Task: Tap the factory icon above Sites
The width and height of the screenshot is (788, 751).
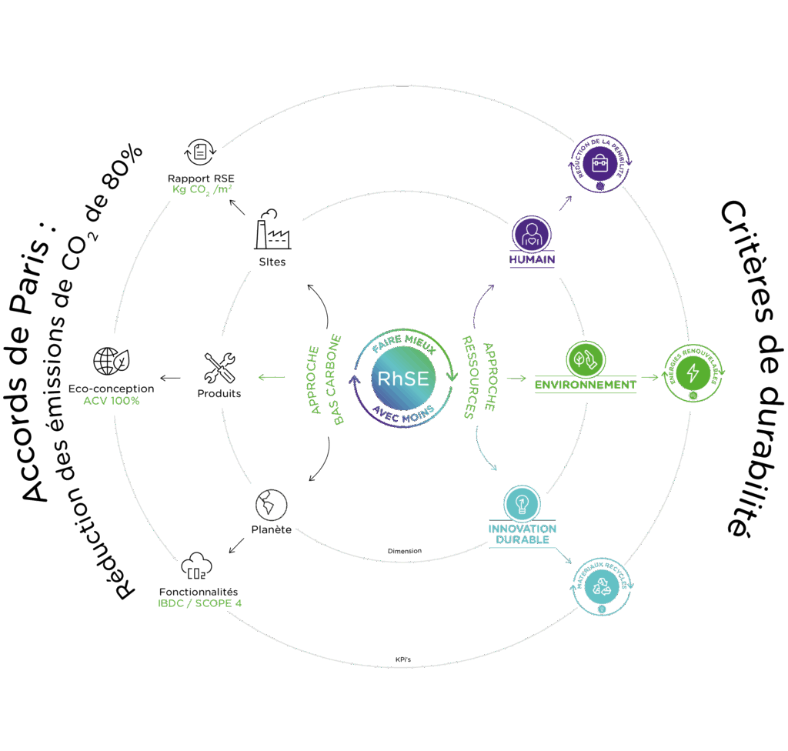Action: tap(272, 229)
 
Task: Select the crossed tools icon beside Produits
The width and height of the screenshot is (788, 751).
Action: tap(220, 368)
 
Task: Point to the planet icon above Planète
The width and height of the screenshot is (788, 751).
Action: tap(271, 504)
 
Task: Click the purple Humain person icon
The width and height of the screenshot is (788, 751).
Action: tap(532, 234)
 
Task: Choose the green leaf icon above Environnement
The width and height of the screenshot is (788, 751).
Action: tap(586, 359)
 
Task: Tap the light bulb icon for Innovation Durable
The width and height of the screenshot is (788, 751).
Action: tap(523, 503)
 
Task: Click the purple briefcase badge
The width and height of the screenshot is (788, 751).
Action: tap(600, 163)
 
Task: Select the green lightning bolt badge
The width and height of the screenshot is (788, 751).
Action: tap(693, 372)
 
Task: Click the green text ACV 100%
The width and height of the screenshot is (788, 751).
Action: tap(111, 401)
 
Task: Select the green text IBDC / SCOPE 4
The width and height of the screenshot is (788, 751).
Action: tap(199, 603)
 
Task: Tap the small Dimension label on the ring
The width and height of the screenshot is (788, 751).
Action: tap(404, 551)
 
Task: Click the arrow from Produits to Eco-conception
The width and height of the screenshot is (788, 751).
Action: tap(170, 377)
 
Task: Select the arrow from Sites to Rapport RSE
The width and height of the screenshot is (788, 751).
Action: tap(238, 206)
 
